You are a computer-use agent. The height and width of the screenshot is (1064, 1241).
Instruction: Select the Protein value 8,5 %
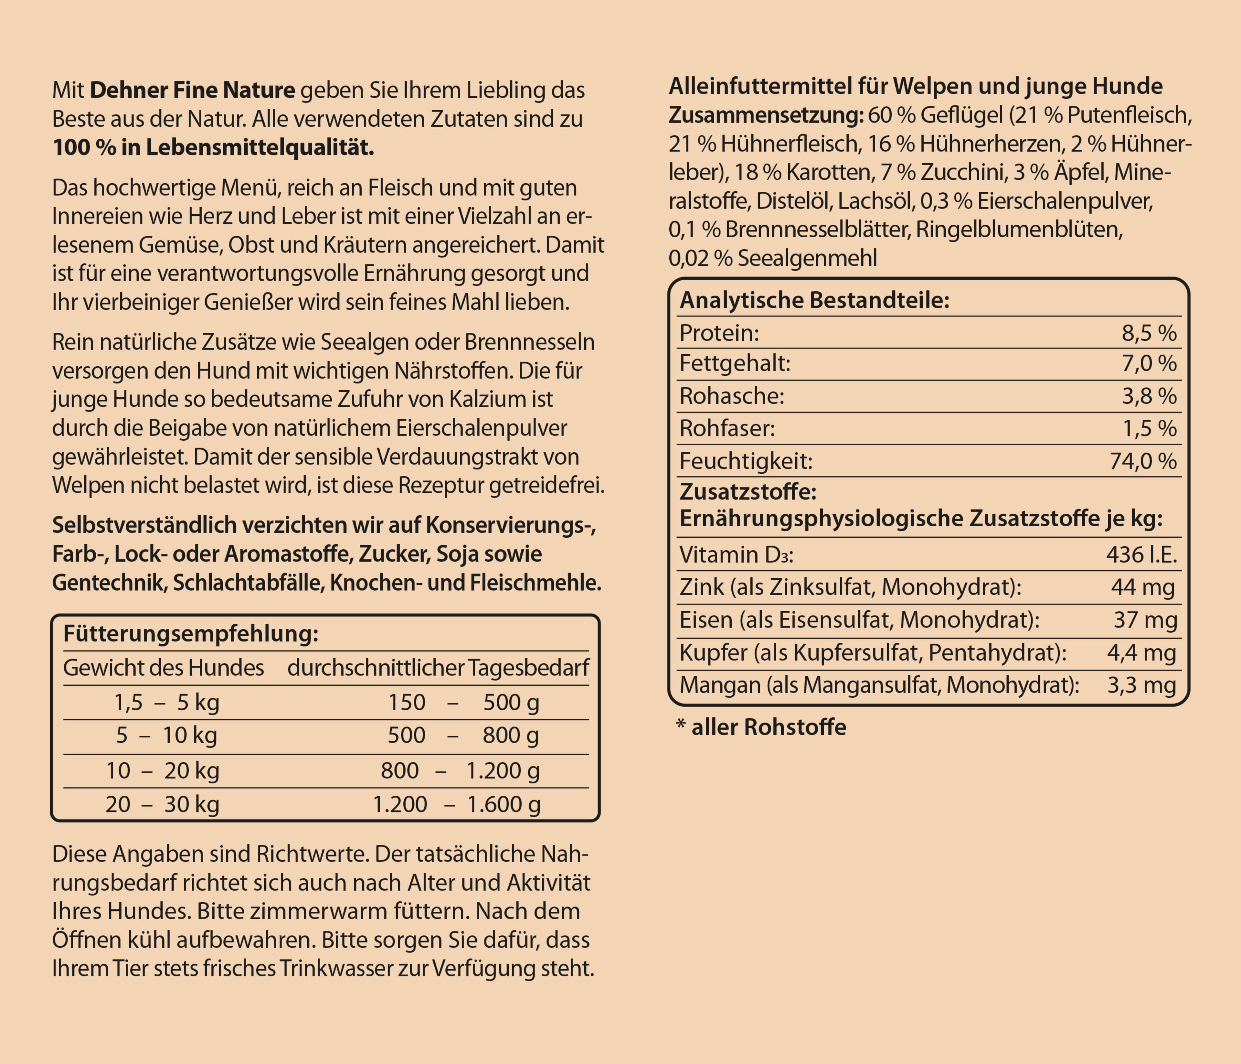click(1149, 333)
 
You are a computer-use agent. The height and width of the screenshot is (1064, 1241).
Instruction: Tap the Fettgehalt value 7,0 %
click(1149, 364)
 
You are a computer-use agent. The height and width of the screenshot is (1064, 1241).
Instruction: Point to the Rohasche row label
click(732, 396)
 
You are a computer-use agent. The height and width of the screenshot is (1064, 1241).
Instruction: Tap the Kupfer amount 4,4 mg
click(1141, 652)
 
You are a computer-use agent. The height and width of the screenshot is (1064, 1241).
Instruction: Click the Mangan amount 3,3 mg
click(1141, 685)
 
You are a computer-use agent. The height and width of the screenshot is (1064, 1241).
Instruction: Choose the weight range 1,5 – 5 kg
click(166, 702)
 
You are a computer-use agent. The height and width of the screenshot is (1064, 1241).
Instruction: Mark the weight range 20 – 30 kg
click(162, 804)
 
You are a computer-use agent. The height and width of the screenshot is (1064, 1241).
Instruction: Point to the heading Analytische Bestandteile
click(814, 300)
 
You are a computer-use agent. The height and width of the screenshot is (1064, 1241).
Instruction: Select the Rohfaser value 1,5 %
click(1149, 428)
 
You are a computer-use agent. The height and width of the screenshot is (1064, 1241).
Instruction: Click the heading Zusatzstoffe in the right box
click(748, 492)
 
